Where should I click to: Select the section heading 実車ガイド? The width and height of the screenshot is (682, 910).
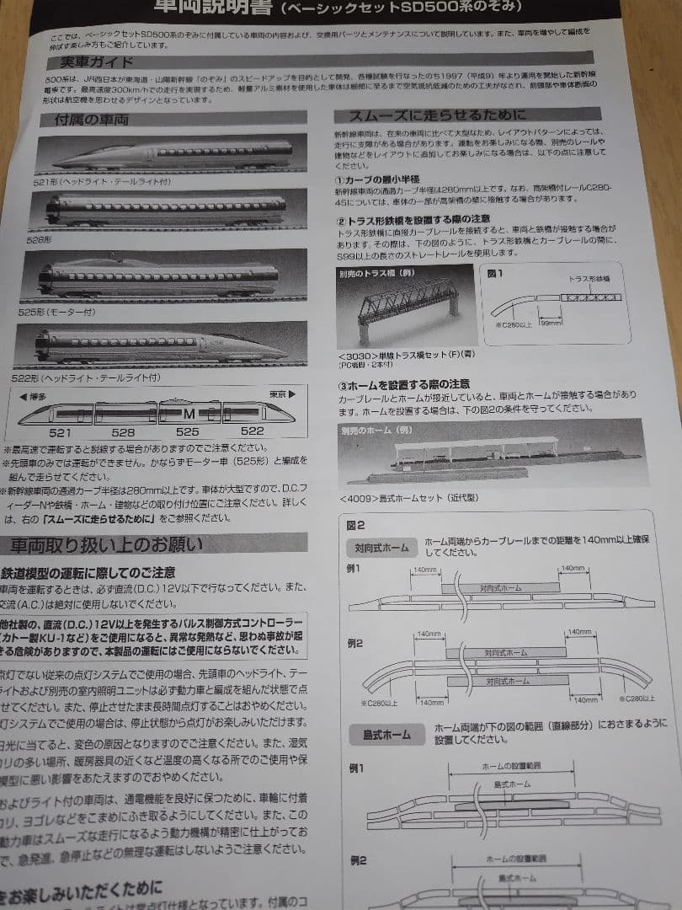click(x=83, y=62)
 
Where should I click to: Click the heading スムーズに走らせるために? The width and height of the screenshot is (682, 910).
click(x=429, y=115)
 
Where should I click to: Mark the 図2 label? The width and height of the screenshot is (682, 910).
click(x=356, y=524)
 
